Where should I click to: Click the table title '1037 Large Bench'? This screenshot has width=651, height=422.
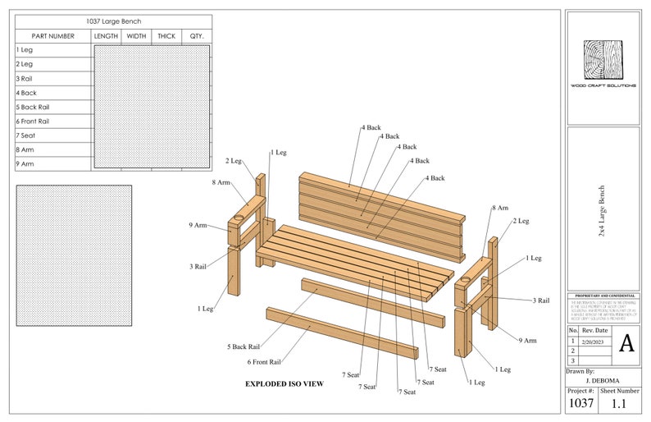pyautogui.click(x=113, y=21)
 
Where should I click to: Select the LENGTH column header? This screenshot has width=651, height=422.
pyautogui.click(x=107, y=36)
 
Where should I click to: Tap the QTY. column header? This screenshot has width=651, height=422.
pyautogui.click(x=197, y=36)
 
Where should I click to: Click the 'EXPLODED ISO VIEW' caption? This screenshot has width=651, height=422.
pyautogui.click(x=285, y=383)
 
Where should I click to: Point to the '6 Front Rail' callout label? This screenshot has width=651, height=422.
pyautogui.click(x=264, y=361)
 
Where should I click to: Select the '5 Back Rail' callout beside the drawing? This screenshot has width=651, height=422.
pyautogui.click(x=244, y=346)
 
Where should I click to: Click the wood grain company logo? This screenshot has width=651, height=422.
pyautogui.click(x=603, y=60)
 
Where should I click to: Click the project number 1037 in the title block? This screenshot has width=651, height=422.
pyautogui.click(x=580, y=404)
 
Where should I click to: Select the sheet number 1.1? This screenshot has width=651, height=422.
pyautogui.click(x=620, y=404)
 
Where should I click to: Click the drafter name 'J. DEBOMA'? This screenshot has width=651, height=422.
pyautogui.click(x=603, y=381)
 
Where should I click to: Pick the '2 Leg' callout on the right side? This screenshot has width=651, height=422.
pyautogui.click(x=521, y=221)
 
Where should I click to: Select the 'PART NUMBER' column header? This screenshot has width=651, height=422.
pyautogui.click(x=53, y=36)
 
